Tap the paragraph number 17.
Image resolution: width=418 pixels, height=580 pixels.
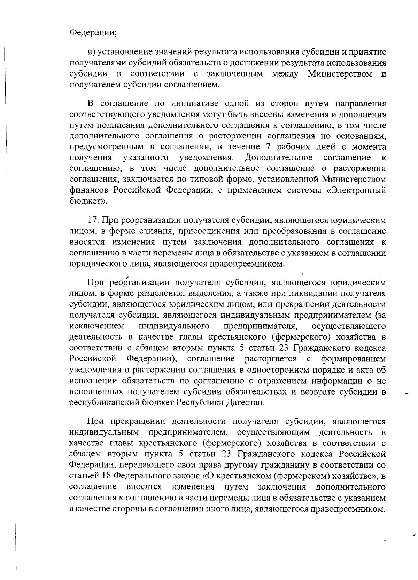coord(93,220)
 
